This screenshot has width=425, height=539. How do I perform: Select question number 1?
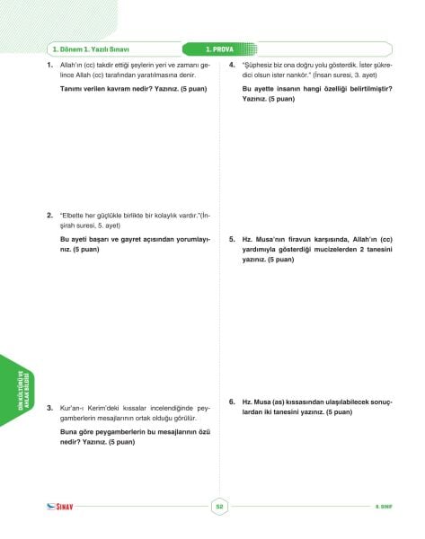click(50, 66)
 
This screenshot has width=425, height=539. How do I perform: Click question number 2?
click(50, 216)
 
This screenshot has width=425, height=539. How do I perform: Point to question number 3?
click(50, 408)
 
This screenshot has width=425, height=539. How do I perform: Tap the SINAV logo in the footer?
click(62, 508)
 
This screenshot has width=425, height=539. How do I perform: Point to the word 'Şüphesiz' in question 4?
click(259, 66)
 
